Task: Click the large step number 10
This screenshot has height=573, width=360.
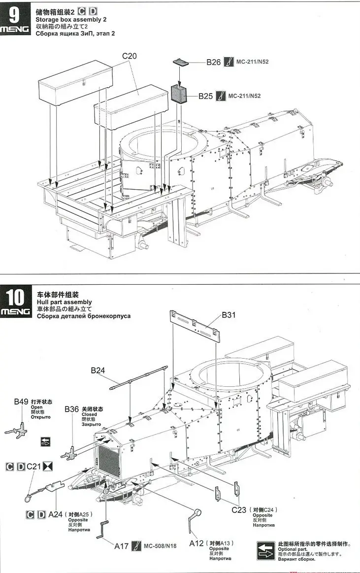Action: click(x=15, y=298)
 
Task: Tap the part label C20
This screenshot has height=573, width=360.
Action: click(x=129, y=56)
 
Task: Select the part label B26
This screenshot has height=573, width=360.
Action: click(x=213, y=62)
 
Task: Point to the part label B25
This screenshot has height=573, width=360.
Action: click(x=205, y=96)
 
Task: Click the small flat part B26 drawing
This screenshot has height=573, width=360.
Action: click(x=181, y=62)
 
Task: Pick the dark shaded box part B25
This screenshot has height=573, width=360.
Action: click(x=179, y=94)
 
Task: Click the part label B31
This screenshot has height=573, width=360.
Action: click(x=229, y=315)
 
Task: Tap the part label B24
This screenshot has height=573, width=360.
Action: click(x=98, y=371)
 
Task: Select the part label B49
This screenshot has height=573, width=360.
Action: click(x=21, y=402)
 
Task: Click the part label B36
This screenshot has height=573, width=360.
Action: click(x=71, y=409)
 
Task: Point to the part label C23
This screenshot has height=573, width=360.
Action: click(x=239, y=510)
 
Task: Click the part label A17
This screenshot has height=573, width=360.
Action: click(x=121, y=546)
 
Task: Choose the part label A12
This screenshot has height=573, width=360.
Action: click(x=196, y=543)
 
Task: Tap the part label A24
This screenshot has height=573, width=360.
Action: click(x=56, y=514)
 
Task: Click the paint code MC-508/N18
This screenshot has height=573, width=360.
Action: click(x=160, y=546)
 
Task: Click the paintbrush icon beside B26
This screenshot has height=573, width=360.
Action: click(x=229, y=62)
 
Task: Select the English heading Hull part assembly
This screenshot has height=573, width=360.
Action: click(x=64, y=302)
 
